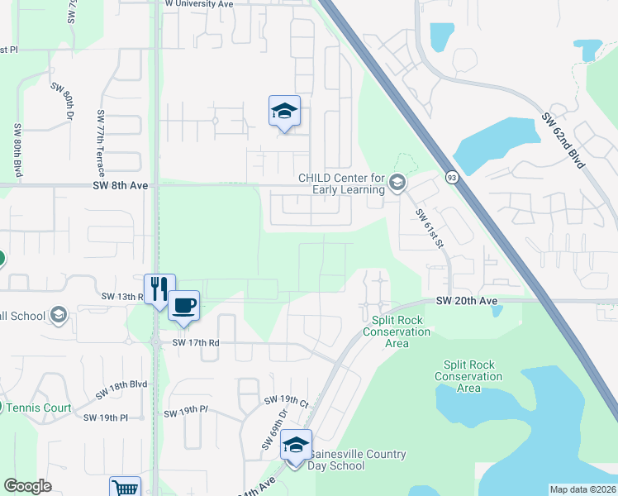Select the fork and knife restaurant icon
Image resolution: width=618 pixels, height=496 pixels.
pyautogui.click(x=159, y=289)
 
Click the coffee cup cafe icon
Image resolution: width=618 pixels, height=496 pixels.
pyautogui.click(x=183, y=306)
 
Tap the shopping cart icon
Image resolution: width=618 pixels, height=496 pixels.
pyautogui.click(x=125, y=488)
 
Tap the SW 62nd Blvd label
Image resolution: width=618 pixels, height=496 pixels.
pyautogui.click(x=564, y=140)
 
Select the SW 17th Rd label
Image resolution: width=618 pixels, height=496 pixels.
pyautogui.click(x=196, y=342)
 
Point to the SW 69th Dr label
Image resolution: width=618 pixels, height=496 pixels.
pyautogui.click(x=275, y=429)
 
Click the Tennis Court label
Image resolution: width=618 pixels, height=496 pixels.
pyautogui.click(x=39, y=408)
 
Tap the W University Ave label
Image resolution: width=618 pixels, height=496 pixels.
pyautogui.click(x=199, y=4)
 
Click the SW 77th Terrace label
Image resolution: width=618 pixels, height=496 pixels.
pyautogui.click(x=101, y=143)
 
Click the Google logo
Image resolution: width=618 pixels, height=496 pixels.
pyautogui.click(x=27, y=486)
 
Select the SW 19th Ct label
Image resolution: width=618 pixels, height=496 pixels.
pyautogui.click(x=286, y=402)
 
